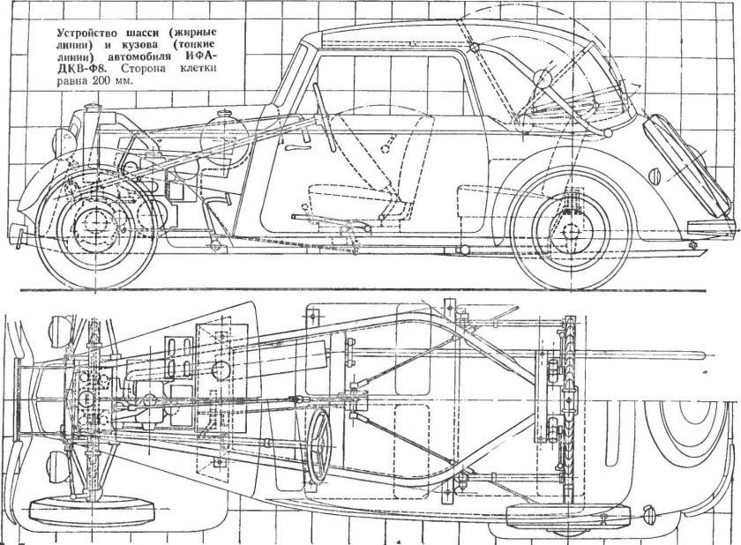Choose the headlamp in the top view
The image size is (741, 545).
(x=58, y=329)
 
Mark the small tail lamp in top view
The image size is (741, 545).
(x=652, y=511)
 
